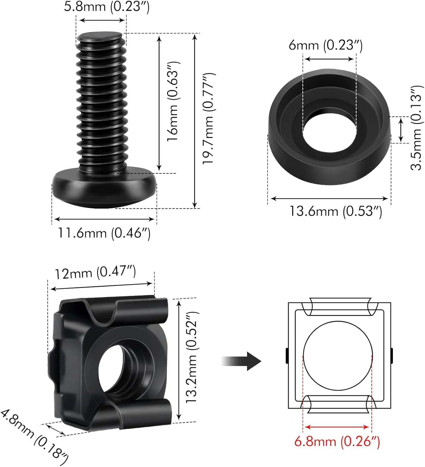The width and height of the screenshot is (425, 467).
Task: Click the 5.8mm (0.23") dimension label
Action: tap(107, 7)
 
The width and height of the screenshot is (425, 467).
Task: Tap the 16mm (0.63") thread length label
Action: tap(173, 101)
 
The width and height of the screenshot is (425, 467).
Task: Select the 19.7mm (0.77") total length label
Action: tap(208, 119)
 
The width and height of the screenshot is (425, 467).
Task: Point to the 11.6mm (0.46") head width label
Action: tap(104, 233)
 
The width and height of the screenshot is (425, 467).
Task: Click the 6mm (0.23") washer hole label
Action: tap(326, 45)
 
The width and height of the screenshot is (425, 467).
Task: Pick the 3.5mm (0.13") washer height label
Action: tap(416, 128)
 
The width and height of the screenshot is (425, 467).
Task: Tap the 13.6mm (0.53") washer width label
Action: tap(336, 211)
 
